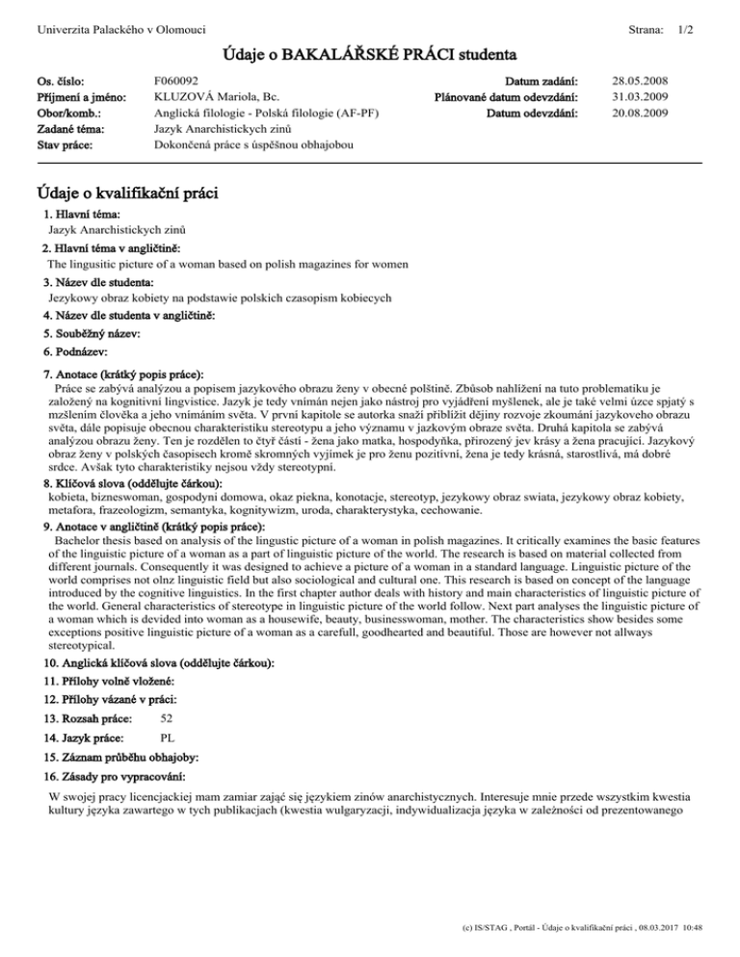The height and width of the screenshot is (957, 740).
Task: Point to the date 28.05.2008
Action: coord(642,81)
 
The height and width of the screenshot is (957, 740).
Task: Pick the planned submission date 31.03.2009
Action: coord(642,96)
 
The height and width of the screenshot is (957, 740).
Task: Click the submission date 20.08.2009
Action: coord(642,113)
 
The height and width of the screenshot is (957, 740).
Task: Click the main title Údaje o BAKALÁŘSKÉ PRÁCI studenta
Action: coord(370,52)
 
